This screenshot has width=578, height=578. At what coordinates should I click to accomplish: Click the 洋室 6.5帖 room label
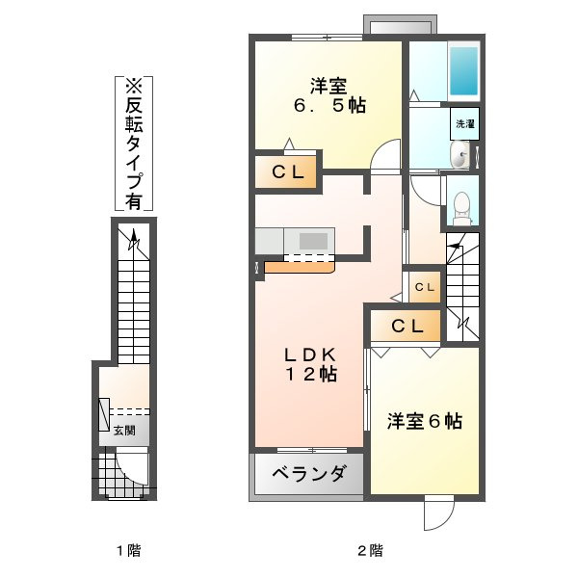click(329, 95)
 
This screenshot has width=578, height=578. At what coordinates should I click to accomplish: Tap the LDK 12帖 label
click(310, 364)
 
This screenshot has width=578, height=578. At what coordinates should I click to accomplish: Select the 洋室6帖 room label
click(424, 421)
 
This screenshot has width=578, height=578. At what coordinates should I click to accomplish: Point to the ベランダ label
click(309, 473)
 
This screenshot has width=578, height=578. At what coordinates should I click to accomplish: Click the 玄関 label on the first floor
click(124, 431)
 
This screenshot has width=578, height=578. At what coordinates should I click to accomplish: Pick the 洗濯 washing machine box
click(465, 124)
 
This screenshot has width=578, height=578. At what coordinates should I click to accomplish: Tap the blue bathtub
click(463, 70)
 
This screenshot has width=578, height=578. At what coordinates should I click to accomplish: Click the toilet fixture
click(462, 208)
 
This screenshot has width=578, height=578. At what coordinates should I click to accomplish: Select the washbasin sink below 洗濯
click(460, 155)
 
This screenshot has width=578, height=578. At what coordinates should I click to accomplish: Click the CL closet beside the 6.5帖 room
click(286, 171)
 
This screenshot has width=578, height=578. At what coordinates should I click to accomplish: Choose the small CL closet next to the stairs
click(425, 287)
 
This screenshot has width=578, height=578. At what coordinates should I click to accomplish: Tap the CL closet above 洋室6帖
click(406, 326)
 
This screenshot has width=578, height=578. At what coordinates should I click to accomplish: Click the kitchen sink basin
click(313, 242)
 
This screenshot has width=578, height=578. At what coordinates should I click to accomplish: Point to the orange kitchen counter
click(300, 267)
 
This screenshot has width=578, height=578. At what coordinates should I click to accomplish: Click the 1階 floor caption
click(129, 551)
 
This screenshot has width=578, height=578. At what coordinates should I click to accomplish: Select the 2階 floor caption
click(370, 551)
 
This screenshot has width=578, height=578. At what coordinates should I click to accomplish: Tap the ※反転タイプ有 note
click(134, 144)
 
